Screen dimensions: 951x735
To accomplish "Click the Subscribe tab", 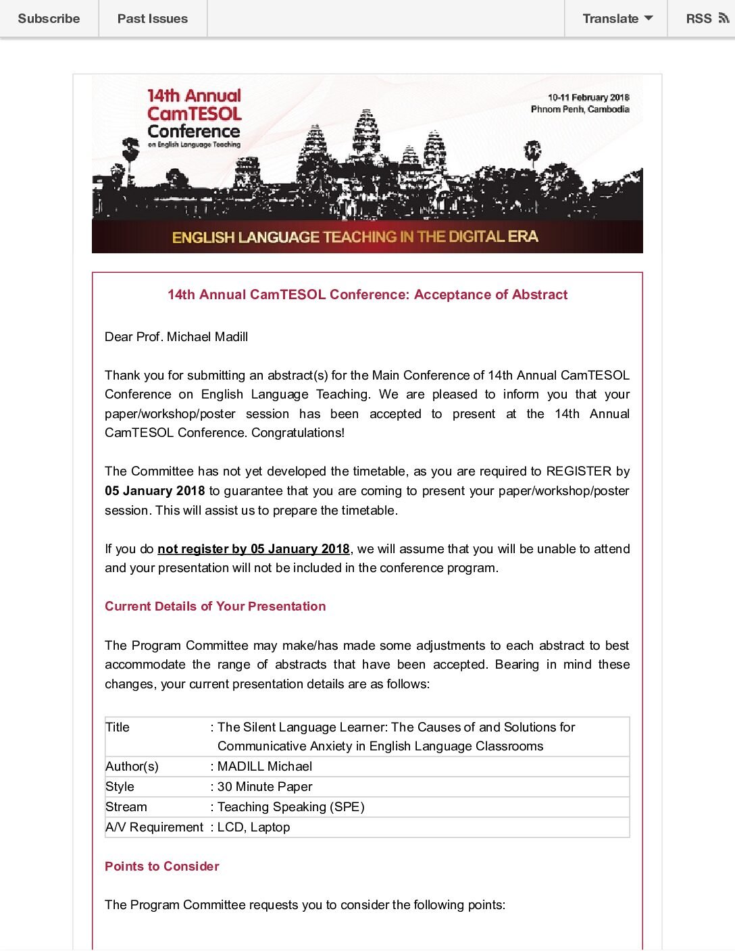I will click(49, 18).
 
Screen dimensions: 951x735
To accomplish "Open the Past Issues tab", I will click(153, 18).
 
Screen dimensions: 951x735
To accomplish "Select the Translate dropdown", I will click(617, 18).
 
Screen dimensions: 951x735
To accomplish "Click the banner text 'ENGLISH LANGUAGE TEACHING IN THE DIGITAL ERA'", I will click(355, 237).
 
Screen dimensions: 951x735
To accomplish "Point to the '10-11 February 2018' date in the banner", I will click(588, 97).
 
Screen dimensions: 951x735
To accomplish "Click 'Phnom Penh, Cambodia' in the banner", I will click(580, 109).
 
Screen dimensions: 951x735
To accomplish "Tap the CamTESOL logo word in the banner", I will click(195, 113).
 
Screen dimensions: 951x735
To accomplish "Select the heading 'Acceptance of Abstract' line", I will click(367, 294).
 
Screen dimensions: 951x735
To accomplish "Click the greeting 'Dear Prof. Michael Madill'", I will click(176, 336).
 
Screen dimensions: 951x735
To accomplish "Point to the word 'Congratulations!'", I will click(298, 433).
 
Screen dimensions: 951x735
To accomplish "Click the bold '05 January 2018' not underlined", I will click(155, 491).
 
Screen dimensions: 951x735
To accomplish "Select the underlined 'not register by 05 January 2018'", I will click(253, 549).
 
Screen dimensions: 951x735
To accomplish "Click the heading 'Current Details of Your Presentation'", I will click(215, 607).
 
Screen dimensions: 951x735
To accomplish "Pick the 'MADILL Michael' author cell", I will click(265, 767).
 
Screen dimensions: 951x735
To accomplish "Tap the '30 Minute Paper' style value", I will click(265, 787).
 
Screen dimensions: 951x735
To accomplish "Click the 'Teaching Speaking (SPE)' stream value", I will click(290, 807).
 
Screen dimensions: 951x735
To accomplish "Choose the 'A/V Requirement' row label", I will click(154, 827).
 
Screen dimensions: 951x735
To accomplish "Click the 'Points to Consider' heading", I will click(162, 867).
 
